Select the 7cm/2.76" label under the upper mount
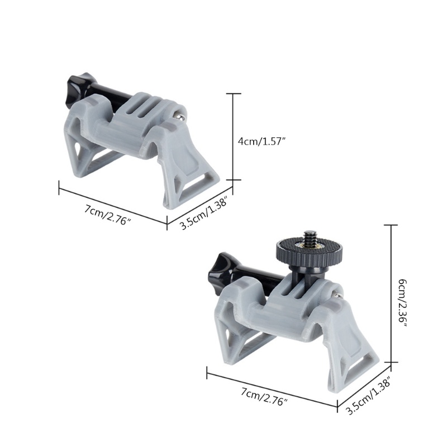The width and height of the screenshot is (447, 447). click(x=108, y=213)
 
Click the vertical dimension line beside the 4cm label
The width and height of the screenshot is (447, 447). click(x=233, y=137)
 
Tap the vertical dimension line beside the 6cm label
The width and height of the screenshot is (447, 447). click(x=391, y=293)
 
